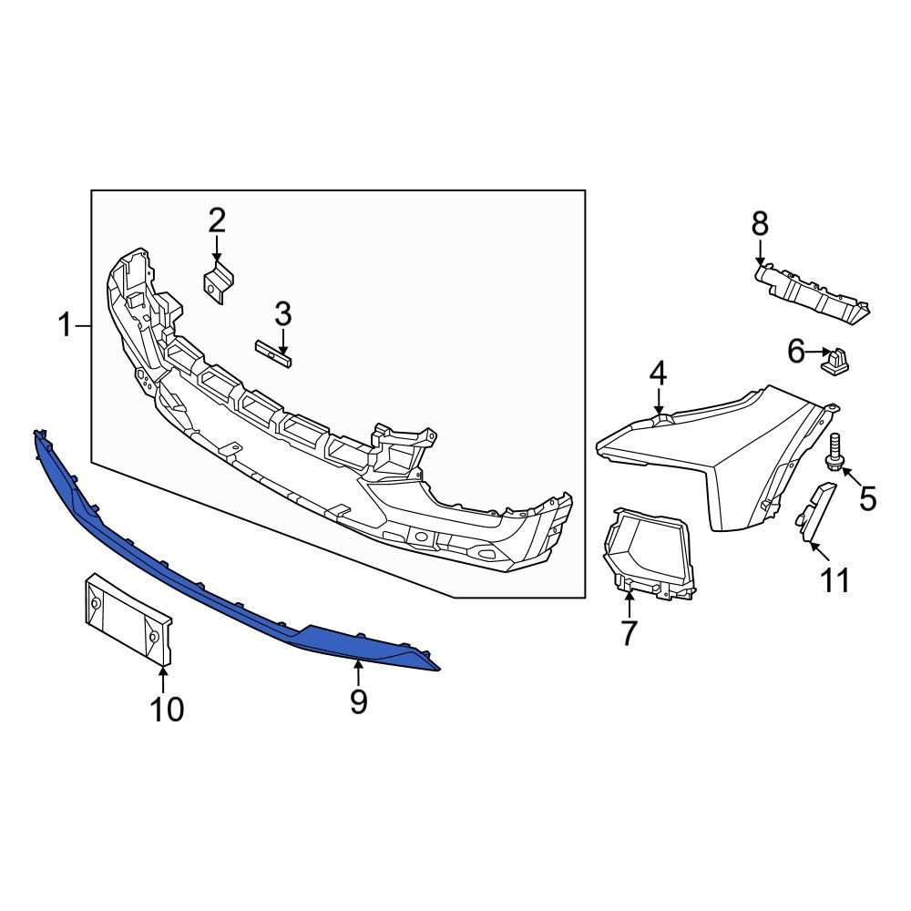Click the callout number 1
(x=65, y=324)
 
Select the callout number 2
(x=216, y=220)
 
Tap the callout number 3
(x=283, y=315)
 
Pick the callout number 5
(x=867, y=497)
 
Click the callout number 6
(x=796, y=351)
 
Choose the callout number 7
(x=629, y=632)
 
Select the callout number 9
(x=358, y=701)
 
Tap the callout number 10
(x=167, y=708)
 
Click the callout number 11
(x=835, y=579)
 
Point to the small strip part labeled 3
(x=273, y=353)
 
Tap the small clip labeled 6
(x=835, y=361)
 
